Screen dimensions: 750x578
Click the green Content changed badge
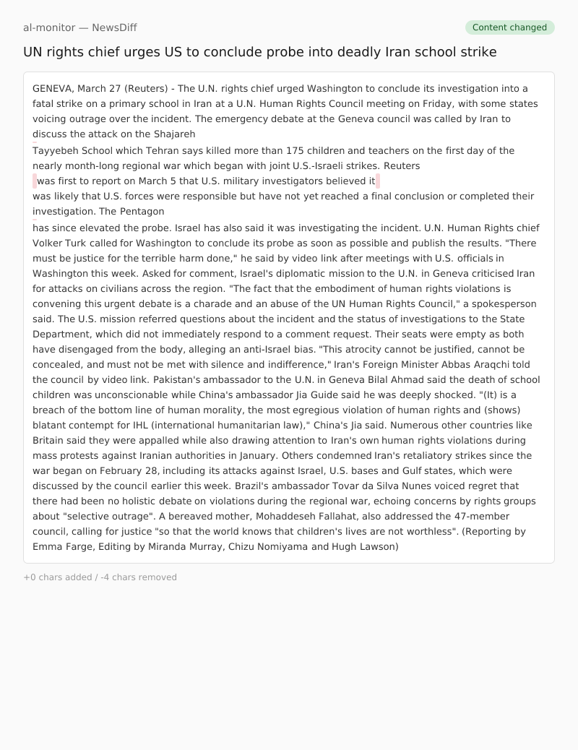click(509, 27)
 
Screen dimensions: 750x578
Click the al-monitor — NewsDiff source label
click(79, 27)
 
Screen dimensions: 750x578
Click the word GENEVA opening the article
click(52, 89)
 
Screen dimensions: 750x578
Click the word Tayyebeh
click(56, 151)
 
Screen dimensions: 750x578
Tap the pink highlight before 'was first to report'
click(35, 181)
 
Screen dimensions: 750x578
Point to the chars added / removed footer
click(100, 577)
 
